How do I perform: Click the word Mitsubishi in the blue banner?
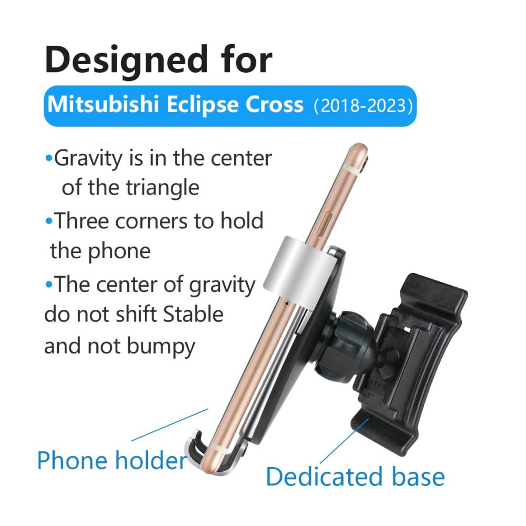pos(103,104)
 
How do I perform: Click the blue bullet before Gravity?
pos(49,158)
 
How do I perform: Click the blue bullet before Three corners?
pos(49,221)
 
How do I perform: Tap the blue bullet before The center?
pos(49,285)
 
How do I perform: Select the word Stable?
pos(193,315)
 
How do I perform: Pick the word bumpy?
pos(161,347)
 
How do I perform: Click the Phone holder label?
pos(112,460)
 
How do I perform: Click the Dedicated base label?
pos(355,477)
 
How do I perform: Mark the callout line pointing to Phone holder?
pos(170,424)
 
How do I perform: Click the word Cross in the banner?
pos(275,104)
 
